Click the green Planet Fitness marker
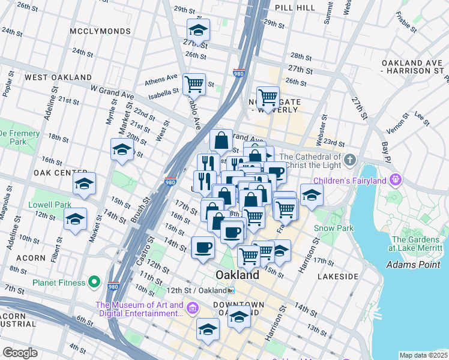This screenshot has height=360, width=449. (94, 281)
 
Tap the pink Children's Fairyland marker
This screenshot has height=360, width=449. (395, 179)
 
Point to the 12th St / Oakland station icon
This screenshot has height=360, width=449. (231, 291)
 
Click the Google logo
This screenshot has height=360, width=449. (20, 353)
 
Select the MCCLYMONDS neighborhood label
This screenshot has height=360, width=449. (100, 31)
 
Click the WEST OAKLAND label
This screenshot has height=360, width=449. (58, 77)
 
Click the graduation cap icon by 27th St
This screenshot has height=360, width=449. (197, 31)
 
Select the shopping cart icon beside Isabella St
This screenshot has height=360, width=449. (194, 84)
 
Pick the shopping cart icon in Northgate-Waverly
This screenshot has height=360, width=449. (268, 97)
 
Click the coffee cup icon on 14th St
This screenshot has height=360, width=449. (203, 247)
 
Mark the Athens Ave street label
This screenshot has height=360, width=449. (164, 77)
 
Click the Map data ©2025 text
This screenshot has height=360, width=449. (423, 355)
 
